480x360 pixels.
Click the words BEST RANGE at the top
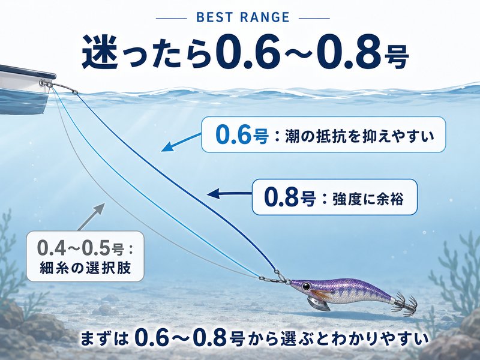[x=243, y=17]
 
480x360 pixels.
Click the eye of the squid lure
[x=306, y=287]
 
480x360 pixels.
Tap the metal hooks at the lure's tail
[x=403, y=304]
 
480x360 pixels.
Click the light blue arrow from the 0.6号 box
[x=181, y=142]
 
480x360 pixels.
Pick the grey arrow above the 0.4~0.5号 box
[x=91, y=216]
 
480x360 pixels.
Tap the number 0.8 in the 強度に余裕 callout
[x=281, y=197]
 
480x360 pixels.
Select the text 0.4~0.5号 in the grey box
[x=81, y=248]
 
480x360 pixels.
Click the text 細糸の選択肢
[x=85, y=268]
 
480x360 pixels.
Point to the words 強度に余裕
[x=368, y=199]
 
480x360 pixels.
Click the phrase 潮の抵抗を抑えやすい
[x=359, y=136]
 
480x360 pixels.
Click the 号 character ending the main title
[x=397, y=57]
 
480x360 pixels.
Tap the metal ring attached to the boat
[x=43, y=83]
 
